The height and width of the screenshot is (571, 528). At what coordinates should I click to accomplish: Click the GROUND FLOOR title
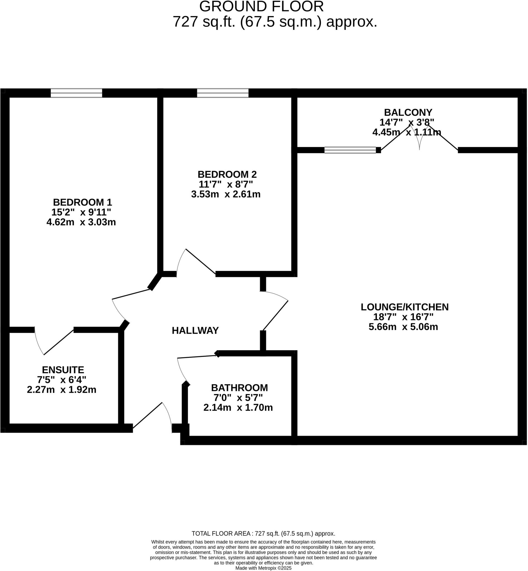(261, 7)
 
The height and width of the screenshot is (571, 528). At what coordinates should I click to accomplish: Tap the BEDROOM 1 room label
(82, 202)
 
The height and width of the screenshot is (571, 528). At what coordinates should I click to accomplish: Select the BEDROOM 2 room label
(227, 174)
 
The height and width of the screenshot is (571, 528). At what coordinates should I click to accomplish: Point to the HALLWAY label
(195, 331)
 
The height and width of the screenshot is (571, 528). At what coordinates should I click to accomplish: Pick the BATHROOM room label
(239, 388)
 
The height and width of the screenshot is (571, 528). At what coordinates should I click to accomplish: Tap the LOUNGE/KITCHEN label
(404, 307)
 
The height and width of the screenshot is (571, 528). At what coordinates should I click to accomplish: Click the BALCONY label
(408, 112)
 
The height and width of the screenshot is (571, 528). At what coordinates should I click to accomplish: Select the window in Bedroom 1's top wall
(76, 93)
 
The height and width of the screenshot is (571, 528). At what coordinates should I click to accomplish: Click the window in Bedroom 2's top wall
(222, 93)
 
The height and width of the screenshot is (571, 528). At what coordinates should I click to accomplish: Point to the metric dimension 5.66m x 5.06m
(403, 327)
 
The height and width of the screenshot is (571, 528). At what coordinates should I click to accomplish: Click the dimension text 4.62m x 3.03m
(81, 222)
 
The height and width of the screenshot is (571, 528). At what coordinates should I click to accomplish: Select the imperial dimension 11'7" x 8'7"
(226, 184)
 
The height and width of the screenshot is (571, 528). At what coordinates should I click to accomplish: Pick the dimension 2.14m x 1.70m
(238, 408)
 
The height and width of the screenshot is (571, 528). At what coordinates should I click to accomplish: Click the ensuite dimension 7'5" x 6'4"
(61, 380)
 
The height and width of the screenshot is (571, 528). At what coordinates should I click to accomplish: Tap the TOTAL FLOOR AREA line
(263, 534)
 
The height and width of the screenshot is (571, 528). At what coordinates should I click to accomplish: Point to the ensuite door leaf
(59, 342)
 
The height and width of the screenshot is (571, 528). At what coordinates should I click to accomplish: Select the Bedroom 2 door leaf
(200, 261)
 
